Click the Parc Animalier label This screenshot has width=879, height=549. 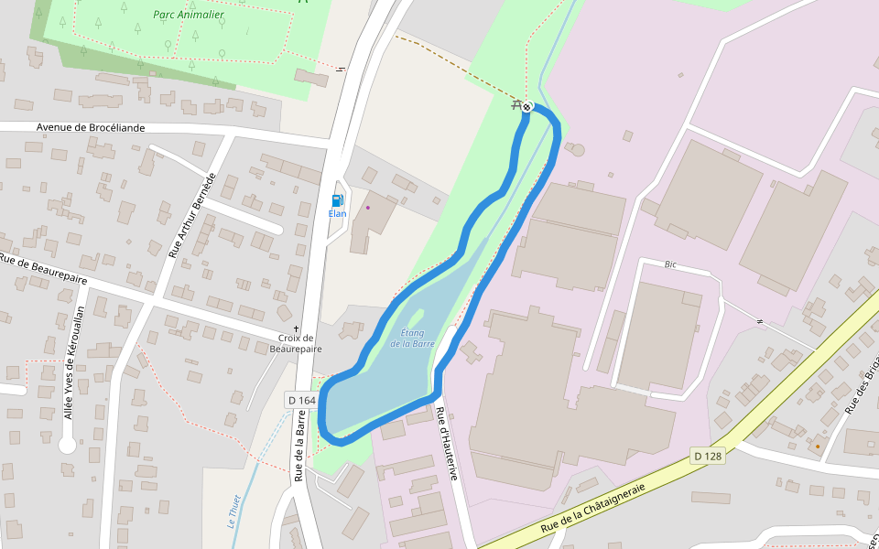point(189,15)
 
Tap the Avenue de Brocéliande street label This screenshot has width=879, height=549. point(91,127)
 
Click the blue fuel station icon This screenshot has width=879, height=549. point(337,200)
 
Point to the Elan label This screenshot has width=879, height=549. point(337,213)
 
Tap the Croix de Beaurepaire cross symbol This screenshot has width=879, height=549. point(296,328)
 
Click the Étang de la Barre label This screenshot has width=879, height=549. point(412,338)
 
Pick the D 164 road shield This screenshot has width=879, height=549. point(301,400)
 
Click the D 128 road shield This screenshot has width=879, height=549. point(708,456)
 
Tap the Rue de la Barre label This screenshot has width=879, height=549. point(299,446)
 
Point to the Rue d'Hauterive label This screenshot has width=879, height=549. point(446,443)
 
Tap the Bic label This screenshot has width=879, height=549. point(670,264)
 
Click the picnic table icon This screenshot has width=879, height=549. point(517,105)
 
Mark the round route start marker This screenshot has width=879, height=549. point(527,107)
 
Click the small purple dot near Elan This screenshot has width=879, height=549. point(368,207)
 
